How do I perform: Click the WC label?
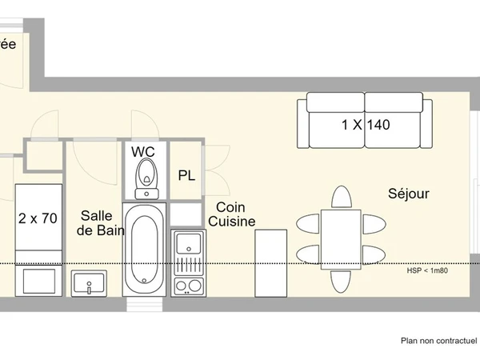144,151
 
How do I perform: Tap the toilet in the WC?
146,178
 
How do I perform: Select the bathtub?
145,247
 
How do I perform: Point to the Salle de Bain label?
97,223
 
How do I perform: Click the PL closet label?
186,175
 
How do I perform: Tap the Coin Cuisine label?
231,214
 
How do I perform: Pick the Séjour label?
409,194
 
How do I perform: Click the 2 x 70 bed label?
38,218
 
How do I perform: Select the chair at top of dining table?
342,198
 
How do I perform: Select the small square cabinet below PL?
186,214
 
